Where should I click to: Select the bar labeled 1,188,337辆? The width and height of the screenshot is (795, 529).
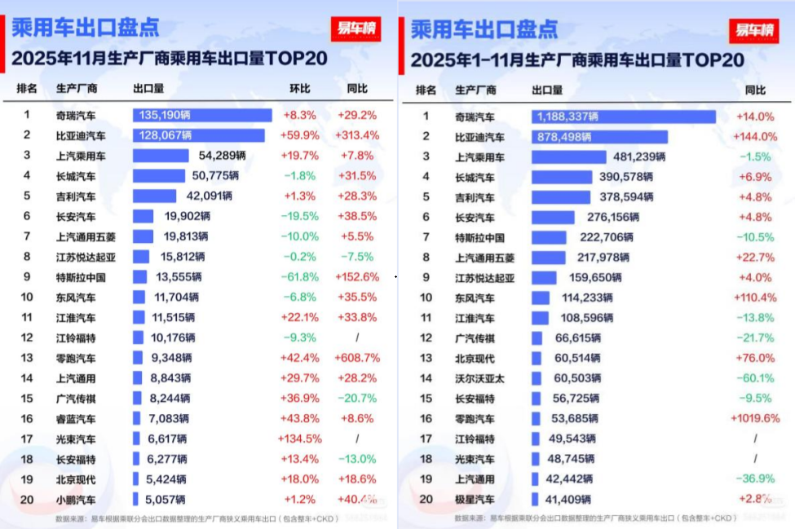click(x=624, y=117)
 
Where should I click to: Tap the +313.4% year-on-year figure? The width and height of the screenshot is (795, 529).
click(x=357, y=135)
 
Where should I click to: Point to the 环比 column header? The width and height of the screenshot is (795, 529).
click(x=300, y=89)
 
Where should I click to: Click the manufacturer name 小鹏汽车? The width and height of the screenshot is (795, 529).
click(x=76, y=499)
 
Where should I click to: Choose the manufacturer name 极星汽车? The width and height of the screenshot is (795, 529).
click(x=475, y=499)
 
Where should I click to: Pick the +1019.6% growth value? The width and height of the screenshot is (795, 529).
click(x=755, y=418)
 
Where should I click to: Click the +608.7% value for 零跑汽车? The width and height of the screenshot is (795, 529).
click(x=357, y=358)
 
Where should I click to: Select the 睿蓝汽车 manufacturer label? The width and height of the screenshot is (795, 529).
click(x=76, y=418)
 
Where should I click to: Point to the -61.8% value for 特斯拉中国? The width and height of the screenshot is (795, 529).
click(x=300, y=277)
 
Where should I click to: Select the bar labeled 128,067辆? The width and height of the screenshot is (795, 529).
click(x=199, y=135)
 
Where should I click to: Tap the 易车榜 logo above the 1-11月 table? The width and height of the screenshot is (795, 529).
click(x=753, y=30)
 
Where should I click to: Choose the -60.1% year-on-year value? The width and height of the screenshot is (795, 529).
click(x=755, y=378)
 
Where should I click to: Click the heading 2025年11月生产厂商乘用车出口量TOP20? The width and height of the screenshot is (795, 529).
click(x=170, y=60)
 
